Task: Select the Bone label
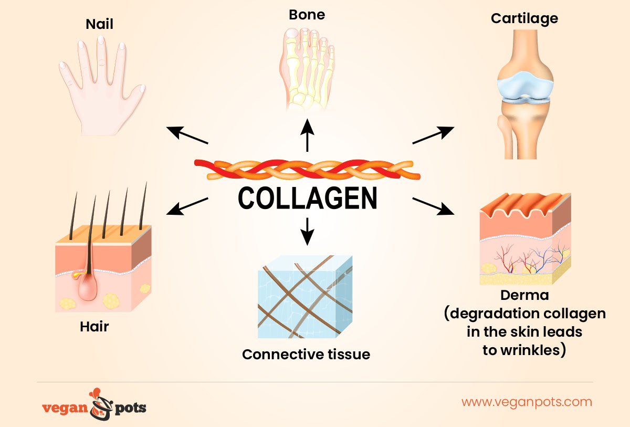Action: pyautogui.click(x=307, y=14)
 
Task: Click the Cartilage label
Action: pyautogui.click(x=524, y=18)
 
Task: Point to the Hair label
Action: pyautogui.click(x=94, y=327)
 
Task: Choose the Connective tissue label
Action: pyautogui.click(x=306, y=355)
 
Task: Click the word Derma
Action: pyautogui.click(x=524, y=296)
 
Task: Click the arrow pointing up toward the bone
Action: pyautogui.click(x=307, y=136)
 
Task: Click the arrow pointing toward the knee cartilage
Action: pyautogui.click(x=433, y=135)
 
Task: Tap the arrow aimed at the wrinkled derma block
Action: pyautogui.click(x=433, y=206)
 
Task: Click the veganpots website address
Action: pyautogui.click(x=527, y=402)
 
